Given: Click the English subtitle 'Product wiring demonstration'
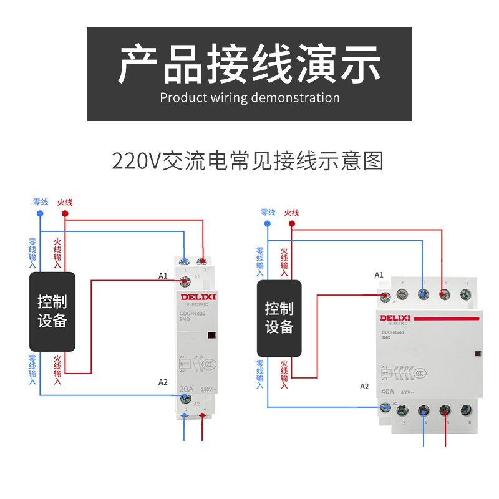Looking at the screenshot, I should (249, 98).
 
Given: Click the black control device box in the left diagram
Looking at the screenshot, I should (52, 311).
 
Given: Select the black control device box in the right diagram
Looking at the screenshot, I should (279, 317).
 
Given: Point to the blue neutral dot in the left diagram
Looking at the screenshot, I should (40, 213).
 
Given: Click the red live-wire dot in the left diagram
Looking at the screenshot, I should (65, 213).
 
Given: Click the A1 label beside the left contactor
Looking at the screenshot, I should (163, 276).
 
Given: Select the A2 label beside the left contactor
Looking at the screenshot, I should (163, 382).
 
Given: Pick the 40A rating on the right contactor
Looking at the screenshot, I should (388, 392).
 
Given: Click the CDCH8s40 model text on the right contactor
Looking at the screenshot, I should (397, 332).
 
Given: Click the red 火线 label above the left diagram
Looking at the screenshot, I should (65, 202).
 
